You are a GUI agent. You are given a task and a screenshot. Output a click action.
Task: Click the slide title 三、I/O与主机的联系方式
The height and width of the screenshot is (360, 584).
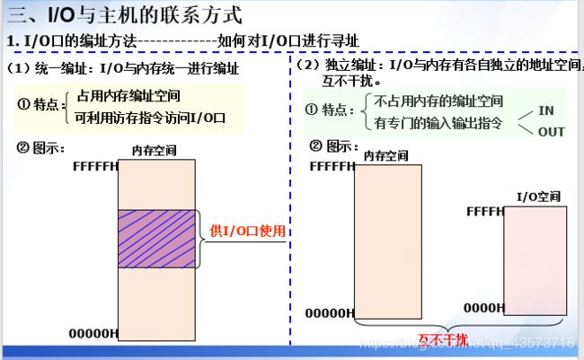click(x=126, y=15)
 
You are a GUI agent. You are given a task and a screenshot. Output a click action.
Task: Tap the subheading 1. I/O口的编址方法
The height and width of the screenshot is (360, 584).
click(x=72, y=41)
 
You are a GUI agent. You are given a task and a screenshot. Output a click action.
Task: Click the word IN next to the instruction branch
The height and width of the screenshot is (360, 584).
click(x=546, y=110)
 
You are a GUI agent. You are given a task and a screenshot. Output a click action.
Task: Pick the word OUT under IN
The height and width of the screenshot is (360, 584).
click(x=550, y=132)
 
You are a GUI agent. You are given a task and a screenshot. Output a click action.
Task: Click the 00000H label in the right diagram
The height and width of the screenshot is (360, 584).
click(x=330, y=313)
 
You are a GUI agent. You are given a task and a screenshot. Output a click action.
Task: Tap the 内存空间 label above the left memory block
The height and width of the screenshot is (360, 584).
click(x=154, y=149)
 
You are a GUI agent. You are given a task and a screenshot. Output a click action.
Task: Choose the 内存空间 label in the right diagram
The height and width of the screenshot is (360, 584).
click(x=387, y=155)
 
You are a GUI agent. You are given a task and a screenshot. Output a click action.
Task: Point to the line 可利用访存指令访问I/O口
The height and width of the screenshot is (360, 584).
click(x=149, y=118)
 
